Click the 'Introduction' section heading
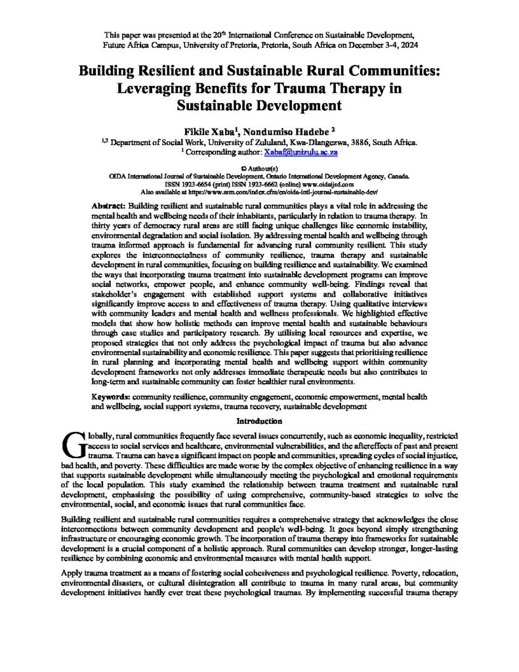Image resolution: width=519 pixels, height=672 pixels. click(259, 421)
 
